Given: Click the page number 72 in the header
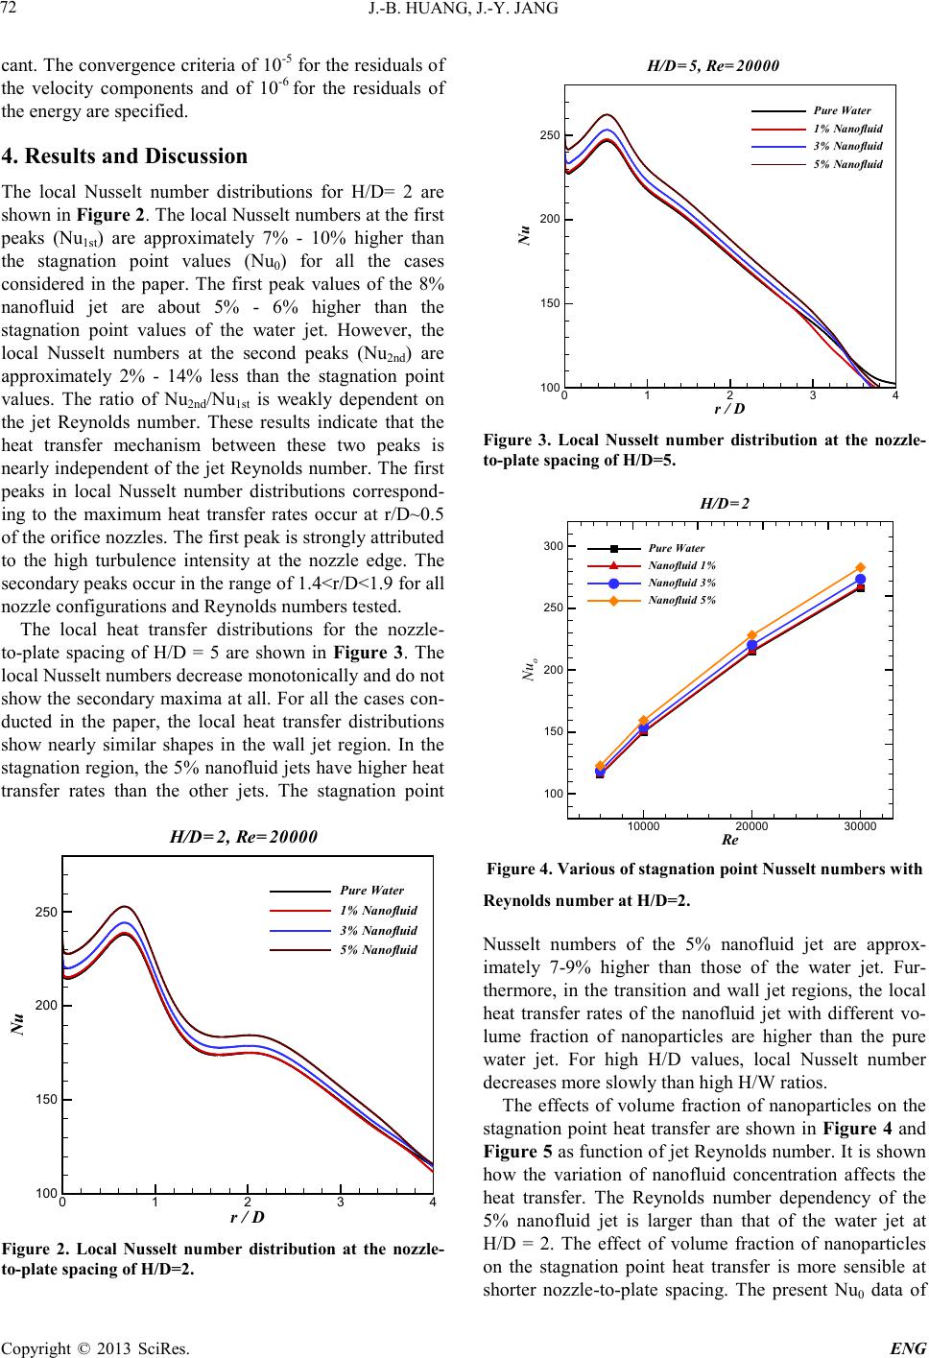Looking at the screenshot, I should pyautogui.click(x=13, y=12).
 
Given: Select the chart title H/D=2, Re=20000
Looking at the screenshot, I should pyautogui.click(x=244, y=836).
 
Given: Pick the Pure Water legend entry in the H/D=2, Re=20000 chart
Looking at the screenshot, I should pyautogui.click(x=372, y=890).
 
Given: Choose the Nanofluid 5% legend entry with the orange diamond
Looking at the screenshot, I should pyautogui.click(x=682, y=600).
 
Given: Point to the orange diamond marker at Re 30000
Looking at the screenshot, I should pyautogui.click(x=861, y=568).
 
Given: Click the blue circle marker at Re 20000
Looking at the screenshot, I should pyautogui.click(x=752, y=645).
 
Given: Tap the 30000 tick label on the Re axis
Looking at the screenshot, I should pyautogui.click(x=861, y=825).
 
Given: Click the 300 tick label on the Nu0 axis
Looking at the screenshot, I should pyautogui.click(x=553, y=546).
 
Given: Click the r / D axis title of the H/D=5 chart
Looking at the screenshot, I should pyautogui.click(x=730, y=408).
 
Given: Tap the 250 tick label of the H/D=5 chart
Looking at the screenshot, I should pyautogui.click(x=549, y=135).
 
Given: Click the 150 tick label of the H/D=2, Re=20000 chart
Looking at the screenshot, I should pyautogui.click(x=45, y=1099).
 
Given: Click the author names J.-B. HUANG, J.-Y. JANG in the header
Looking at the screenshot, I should pyautogui.click(x=464, y=12).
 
